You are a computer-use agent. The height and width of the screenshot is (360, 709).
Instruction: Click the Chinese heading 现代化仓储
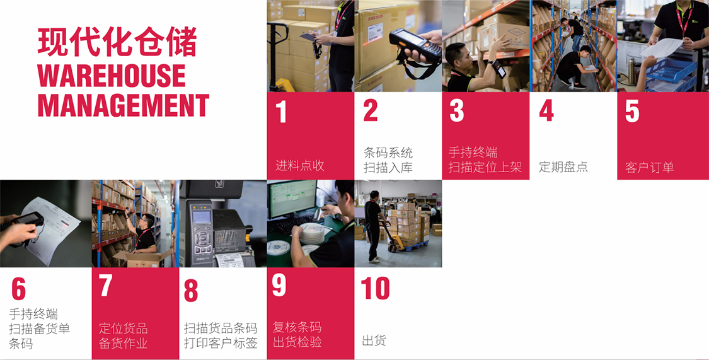(117, 42)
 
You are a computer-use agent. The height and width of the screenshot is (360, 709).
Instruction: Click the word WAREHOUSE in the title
(112, 75)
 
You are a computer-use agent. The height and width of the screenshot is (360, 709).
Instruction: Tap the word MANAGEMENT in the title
(124, 105)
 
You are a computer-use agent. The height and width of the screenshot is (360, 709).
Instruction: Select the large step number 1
(281, 111)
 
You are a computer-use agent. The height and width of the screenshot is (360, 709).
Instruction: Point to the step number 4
(546, 110)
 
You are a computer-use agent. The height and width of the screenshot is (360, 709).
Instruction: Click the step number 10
(376, 287)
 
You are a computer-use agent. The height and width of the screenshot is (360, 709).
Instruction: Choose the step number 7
(105, 286)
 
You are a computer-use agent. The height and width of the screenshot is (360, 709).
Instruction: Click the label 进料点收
(300, 166)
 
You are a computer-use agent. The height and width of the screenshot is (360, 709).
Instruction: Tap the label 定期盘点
(563, 167)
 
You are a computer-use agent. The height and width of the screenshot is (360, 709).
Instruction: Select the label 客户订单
(650, 167)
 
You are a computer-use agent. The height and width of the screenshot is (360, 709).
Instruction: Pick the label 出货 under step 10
(374, 340)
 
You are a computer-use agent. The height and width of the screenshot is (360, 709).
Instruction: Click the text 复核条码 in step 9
(297, 327)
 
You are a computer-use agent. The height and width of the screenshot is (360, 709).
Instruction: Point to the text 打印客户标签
(221, 343)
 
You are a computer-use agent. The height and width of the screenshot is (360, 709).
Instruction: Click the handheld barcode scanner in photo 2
(415, 45)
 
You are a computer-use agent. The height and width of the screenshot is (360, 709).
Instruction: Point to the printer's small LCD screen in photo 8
(202, 217)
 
